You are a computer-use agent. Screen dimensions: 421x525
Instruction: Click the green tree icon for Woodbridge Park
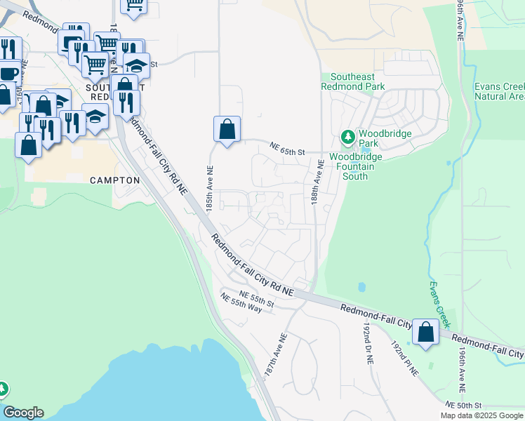(x=347, y=135)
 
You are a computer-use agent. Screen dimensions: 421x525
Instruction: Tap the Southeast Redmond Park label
(x=353, y=81)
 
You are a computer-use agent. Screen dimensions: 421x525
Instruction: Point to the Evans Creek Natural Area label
(x=499, y=91)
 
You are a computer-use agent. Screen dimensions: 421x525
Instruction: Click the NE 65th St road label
(x=288, y=149)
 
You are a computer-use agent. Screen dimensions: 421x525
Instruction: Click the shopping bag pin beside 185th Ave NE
(x=227, y=130)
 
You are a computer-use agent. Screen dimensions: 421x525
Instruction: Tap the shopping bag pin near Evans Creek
(x=425, y=333)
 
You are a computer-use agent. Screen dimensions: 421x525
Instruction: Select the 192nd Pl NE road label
(x=406, y=358)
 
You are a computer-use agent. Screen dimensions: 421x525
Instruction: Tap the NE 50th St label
(x=464, y=406)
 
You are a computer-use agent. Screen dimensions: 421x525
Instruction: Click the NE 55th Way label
(x=241, y=304)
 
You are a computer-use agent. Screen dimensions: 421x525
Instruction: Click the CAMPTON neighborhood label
(x=115, y=180)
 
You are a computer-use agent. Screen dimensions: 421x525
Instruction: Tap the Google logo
(x=23, y=413)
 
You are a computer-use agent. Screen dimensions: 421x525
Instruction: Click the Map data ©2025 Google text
(x=481, y=415)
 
